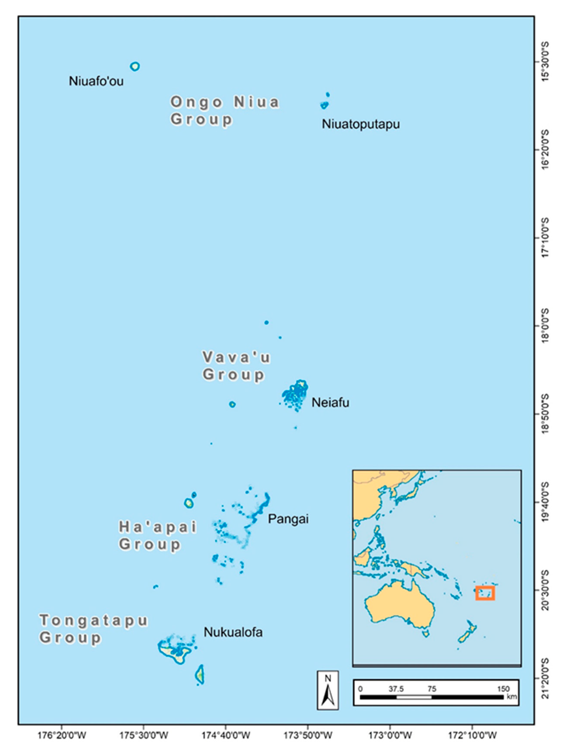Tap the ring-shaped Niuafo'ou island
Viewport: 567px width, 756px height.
pos(135,66)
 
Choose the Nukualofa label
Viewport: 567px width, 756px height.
pos(233,632)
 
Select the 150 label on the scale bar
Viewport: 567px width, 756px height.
pos(503,689)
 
